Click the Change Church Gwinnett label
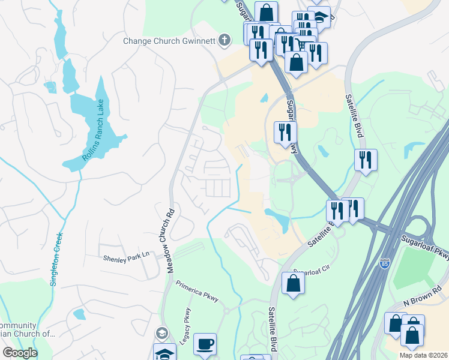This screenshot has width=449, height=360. (169, 41)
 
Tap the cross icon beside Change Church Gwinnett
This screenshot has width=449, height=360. (224, 40)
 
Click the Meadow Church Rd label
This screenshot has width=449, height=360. (170, 241)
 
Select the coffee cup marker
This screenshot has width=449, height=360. (205, 343)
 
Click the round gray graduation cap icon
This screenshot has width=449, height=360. (161, 333)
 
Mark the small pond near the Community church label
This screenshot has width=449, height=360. (78, 314)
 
